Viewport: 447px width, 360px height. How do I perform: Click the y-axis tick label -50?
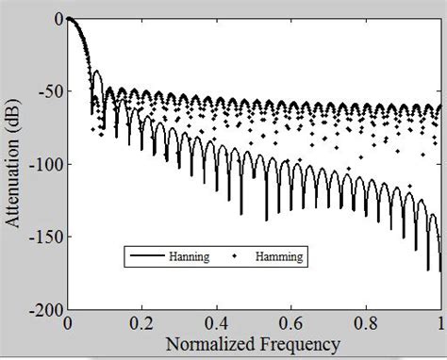(47, 91)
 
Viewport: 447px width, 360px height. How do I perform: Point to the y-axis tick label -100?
(44, 164)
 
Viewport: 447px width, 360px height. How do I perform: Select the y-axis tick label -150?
(44, 237)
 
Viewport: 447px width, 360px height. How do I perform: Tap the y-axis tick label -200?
(44, 309)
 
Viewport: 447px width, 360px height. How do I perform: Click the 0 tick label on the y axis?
(58, 19)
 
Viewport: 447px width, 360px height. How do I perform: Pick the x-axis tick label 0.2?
(142, 322)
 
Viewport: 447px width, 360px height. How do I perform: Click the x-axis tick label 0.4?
(217, 322)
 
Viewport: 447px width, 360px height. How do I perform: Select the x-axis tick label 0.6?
(291, 322)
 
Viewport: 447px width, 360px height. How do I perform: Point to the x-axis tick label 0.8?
(366, 322)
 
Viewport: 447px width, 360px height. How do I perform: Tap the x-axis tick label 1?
(439, 322)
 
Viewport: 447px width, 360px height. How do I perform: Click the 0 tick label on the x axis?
(68, 322)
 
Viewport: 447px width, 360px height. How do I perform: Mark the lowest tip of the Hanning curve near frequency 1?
(439, 271)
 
